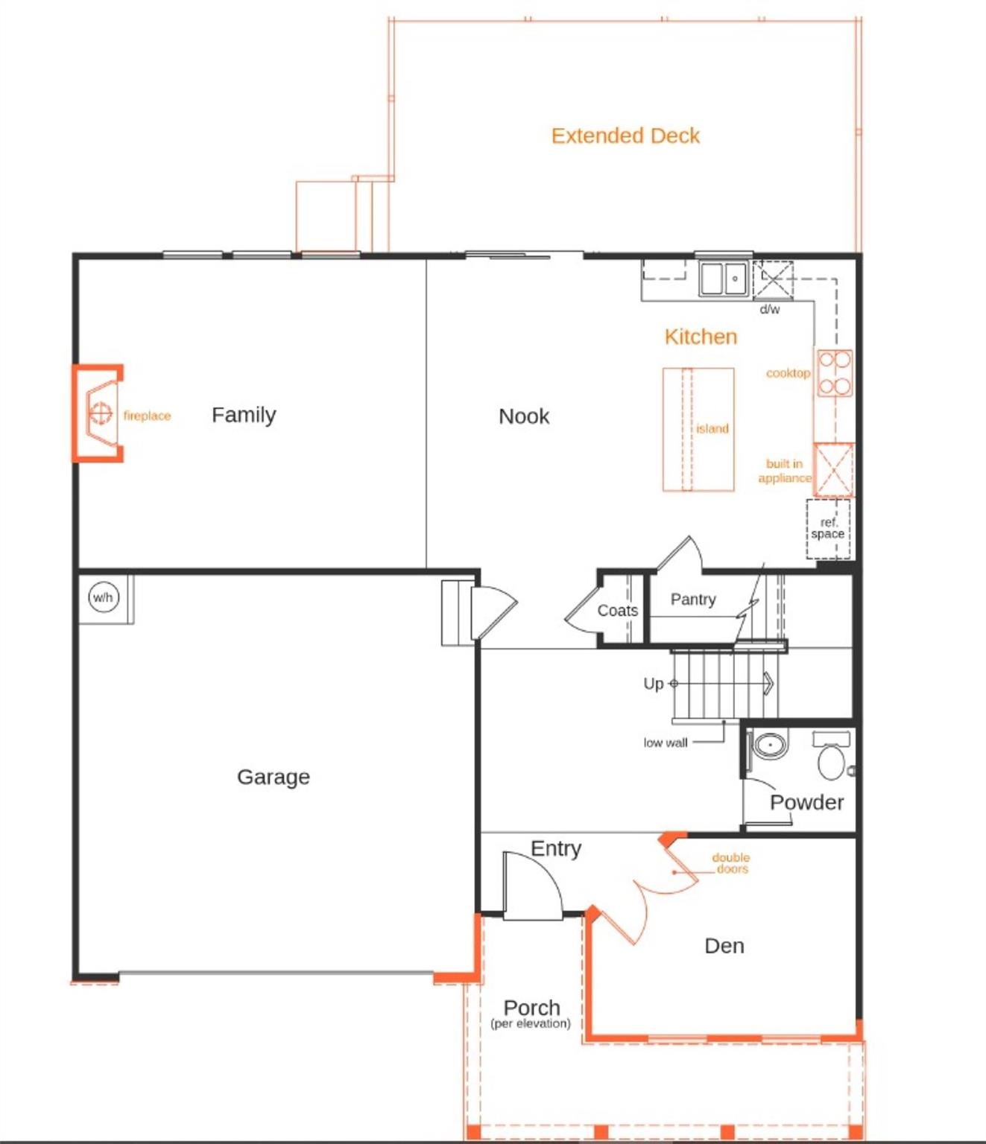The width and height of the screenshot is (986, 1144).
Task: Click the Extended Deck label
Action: pyautogui.click(x=625, y=136)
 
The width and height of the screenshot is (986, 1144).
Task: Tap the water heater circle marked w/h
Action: pyautogui.click(x=104, y=597)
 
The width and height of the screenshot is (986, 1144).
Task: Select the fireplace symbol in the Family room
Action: pyautogui.click(x=98, y=413)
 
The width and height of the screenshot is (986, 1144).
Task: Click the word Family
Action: pyautogui.click(x=244, y=415)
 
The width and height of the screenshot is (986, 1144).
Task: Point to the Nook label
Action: pyautogui.click(x=524, y=416)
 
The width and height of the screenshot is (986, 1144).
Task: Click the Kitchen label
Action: pyautogui.click(x=701, y=337)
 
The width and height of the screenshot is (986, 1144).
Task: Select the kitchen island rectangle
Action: pyautogui.click(x=698, y=430)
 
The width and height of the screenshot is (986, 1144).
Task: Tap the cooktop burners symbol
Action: pyautogui.click(x=835, y=373)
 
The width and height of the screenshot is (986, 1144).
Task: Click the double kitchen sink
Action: pyautogui.click(x=724, y=279)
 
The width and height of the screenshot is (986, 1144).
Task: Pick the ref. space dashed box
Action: pyautogui.click(x=828, y=529)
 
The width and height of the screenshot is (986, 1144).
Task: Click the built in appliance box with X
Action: pyautogui.click(x=834, y=469)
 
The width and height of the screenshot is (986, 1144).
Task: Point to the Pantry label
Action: pyautogui.click(x=693, y=599)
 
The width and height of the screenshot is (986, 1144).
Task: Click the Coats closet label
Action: pyautogui.click(x=618, y=611)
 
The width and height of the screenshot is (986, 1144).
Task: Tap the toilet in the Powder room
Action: pyautogui.click(x=832, y=755)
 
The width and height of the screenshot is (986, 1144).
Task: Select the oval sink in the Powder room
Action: pyautogui.click(x=770, y=746)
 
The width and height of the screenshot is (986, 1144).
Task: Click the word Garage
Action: pyautogui.click(x=274, y=777)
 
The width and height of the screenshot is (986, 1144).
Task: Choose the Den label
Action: pyautogui.click(x=724, y=946)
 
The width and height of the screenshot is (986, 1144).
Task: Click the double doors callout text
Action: pyautogui.click(x=731, y=863)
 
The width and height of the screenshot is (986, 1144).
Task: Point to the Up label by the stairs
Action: pyautogui.click(x=653, y=684)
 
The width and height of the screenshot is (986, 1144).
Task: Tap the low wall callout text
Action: pyautogui.click(x=666, y=743)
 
